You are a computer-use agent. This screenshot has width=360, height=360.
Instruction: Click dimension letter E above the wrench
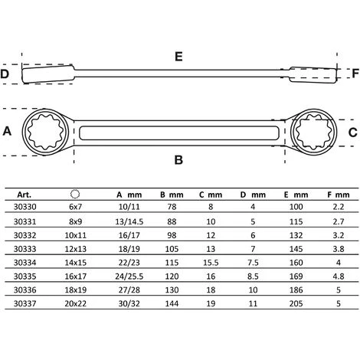coord(178,56)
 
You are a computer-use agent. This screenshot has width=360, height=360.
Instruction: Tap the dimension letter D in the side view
coord(5,74)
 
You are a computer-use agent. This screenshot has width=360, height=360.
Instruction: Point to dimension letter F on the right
coord(355,74)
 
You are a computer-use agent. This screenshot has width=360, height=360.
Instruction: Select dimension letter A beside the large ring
coord(7,131)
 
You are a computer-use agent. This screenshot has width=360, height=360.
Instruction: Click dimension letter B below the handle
coord(178,160)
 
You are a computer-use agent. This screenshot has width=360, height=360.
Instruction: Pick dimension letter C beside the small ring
coord(352,133)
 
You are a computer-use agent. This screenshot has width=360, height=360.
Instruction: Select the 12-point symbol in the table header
coord(75,194)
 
